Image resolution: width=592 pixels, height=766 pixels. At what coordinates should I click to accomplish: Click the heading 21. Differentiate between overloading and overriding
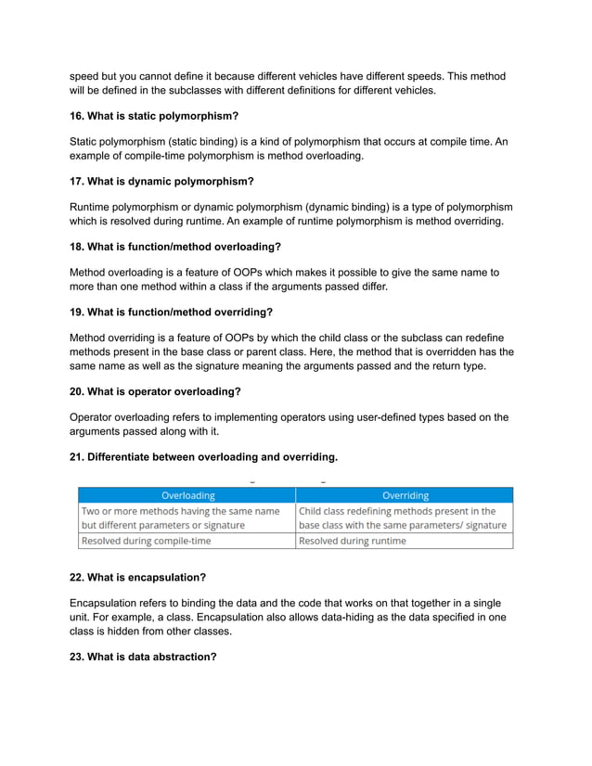[x=203, y=456]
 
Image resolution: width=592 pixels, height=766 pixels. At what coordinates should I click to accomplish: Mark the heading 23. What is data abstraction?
[x=143, y=657]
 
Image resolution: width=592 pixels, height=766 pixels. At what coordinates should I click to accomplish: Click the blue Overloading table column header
[x=187, y=495]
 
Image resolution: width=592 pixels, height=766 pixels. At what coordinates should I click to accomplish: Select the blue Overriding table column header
[x=405, y=495]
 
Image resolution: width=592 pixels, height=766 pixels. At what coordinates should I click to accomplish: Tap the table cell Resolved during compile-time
[x=147, y=541]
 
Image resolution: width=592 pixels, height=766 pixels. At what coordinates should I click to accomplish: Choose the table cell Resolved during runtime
[x=352, y=541]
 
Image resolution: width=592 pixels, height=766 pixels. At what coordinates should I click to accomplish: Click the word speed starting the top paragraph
[x=84, y=76]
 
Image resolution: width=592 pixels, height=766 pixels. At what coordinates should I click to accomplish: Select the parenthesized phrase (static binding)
[x=201, y=141]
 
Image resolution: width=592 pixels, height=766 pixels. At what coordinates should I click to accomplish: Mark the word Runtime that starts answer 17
[x=93, y=207]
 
